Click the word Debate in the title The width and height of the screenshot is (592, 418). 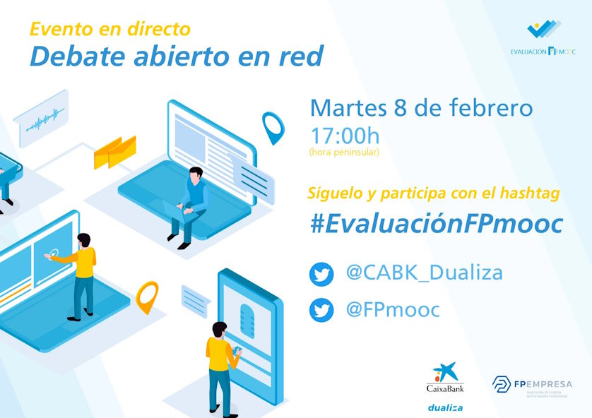click(x=78, y=56)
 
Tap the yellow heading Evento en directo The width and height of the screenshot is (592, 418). click(x=110, y=29)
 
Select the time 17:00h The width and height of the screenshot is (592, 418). click(x=345, y=136)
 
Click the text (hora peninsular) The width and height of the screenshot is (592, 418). click(x=344, y=152)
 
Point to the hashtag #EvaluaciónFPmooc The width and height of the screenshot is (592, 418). click(x=437, y=224)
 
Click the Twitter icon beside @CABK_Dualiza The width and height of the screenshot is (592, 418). click(x=321, y=274)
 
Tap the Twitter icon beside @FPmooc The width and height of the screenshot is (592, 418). click(x=321, y=310)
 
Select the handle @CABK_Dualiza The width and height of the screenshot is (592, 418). click(x=425, y=273)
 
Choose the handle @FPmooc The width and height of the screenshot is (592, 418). click(x=393, y=309)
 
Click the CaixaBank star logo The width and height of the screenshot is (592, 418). click(x=446, y=372)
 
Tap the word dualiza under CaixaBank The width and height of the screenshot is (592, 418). click(x=446, y=407)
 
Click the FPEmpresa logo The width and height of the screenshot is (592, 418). click(x=532, y=386)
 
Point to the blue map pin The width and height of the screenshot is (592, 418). click(x=273, y=128)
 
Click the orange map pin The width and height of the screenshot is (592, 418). click(x=147, y=297)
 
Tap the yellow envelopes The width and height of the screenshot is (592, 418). click(x=114, y=152)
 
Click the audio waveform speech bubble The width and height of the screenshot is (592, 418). click(x=42, y=118)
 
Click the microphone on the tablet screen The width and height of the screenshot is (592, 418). click(x=247, y=321)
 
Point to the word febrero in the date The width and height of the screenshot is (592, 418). click(x=491, y=107)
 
